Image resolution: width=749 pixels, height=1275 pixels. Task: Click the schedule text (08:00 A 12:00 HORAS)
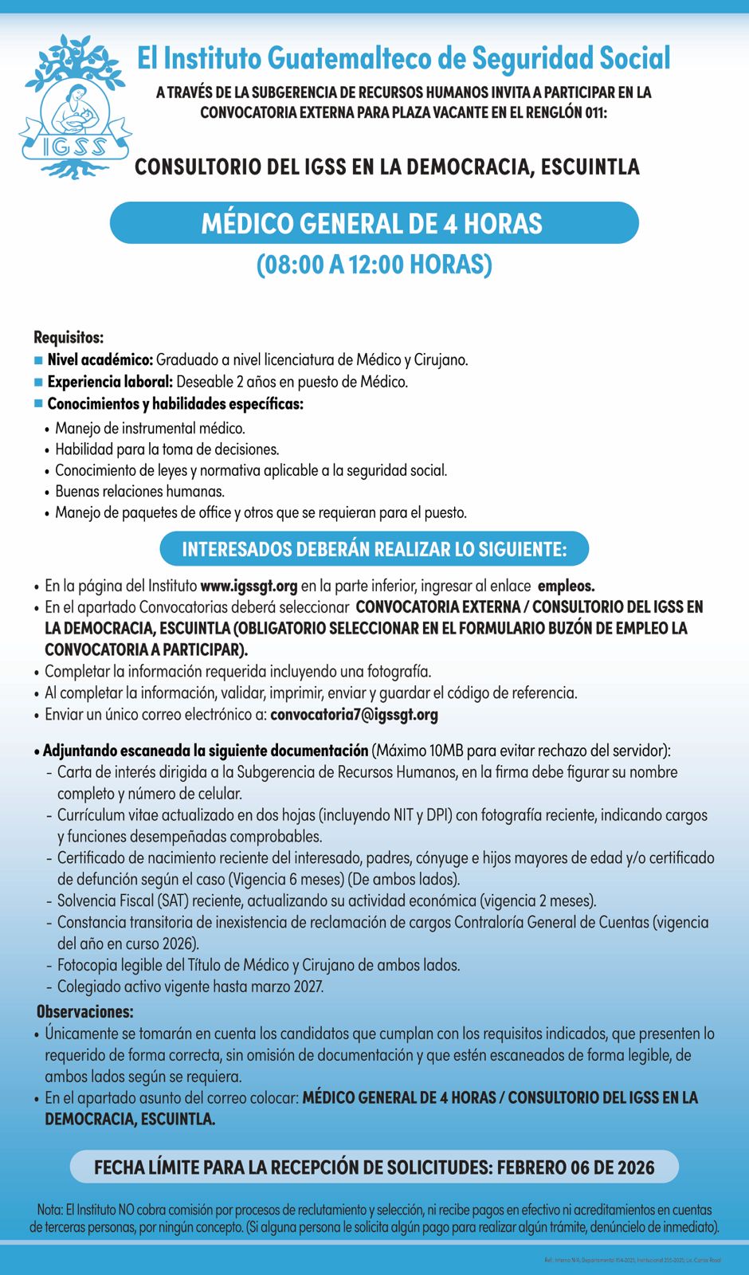pos(374,265)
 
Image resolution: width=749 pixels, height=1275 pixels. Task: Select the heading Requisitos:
pos(69,338)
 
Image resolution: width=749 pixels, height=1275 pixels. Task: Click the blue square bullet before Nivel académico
pos(38,360)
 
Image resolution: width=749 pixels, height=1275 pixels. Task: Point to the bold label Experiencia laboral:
pos(110,382)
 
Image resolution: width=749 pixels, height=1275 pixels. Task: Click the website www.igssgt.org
pos(249,586)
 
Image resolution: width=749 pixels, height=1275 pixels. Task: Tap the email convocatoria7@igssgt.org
pos(354,714)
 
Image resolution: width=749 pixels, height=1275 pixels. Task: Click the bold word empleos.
pos(566,586)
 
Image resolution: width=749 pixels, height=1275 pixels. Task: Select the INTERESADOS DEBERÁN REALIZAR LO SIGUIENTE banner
pos(374,549)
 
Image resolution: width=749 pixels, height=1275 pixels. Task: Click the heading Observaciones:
pos(85,1012)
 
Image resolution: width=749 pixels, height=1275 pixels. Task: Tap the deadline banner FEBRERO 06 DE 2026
pos(374,1167)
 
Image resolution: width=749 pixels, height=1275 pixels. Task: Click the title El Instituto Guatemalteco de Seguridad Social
pos(403,58)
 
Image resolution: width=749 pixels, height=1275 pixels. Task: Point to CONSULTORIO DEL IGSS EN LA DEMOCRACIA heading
pos(387,167)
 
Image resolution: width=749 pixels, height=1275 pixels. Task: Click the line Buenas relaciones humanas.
pos(139,492)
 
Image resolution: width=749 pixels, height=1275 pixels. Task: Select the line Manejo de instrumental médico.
pos(150,429)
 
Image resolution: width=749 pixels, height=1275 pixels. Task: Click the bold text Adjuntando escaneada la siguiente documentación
pos(206,751)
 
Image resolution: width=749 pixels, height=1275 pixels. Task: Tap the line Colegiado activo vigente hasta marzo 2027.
pos(190,987)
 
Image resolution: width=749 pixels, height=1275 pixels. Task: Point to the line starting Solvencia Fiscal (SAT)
pos(327,901)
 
